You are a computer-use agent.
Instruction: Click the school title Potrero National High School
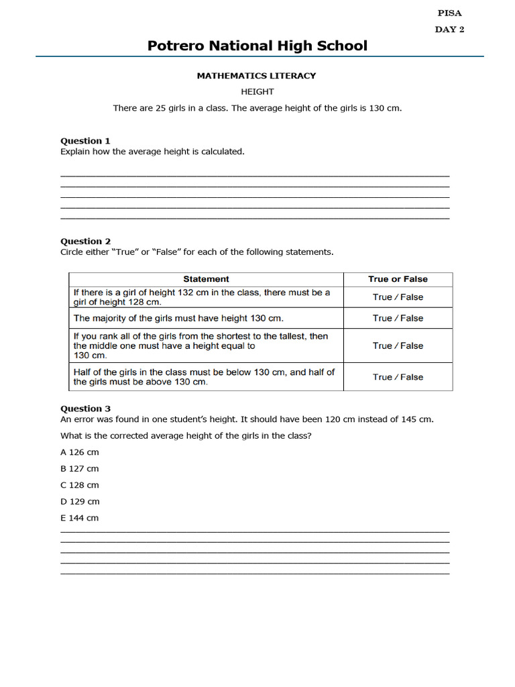point(257,46)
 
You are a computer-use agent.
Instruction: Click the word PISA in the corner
point(449,13)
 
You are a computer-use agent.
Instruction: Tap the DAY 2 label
point(449,29)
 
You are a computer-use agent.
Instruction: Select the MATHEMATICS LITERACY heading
point(256,76)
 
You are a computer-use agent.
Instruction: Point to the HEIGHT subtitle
point(257,91)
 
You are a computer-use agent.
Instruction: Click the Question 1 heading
point(86,141)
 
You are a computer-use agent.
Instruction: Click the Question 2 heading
point(86,242)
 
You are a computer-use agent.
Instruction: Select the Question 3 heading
point(86,409)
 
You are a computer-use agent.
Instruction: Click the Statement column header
point(206,279)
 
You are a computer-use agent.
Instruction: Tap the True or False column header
point(398,279)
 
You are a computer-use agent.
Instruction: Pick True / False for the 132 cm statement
point(398,297)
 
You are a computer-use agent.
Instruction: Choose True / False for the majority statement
point(398,318)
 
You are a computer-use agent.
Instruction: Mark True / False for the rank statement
point(398,346)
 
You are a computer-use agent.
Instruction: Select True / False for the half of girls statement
point(398,377)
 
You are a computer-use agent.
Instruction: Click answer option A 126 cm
point(80,452)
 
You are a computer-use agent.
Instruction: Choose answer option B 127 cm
point(80,469)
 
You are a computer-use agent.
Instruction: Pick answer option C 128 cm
point(80,485)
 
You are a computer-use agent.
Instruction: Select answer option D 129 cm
point(80,502)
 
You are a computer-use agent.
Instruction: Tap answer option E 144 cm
point(80,518)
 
